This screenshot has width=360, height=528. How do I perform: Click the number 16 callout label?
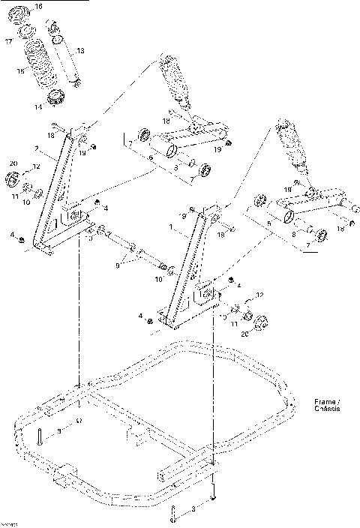click(x=60, y=7)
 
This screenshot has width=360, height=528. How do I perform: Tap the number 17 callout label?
click(x=10, y=42)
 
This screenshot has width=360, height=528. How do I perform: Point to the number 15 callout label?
click(x=22, y=71)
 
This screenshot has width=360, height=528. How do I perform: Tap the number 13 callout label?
click(x=81, y=50)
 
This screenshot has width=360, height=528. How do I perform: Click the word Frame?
click(x=325, y=403)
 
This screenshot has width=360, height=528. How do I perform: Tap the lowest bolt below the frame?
click(x=174, y=515)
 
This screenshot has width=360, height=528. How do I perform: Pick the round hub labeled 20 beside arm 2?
click(x=13, y=180)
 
